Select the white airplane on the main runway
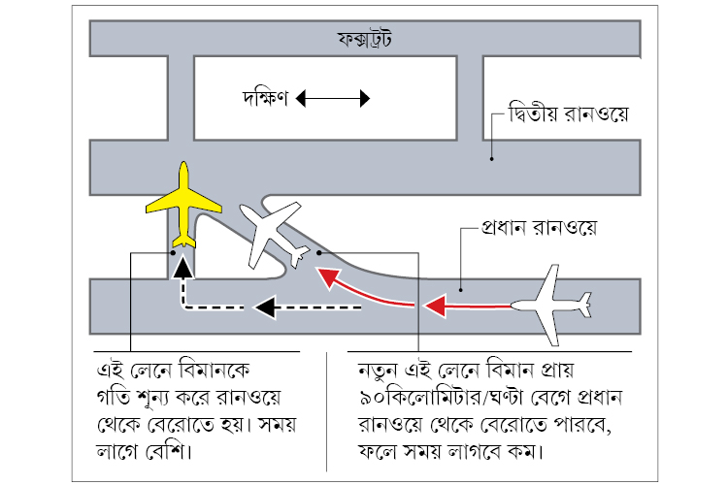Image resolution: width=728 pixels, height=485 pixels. pyautogui.click(x=547, y=304)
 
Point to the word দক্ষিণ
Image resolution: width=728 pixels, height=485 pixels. pyautogui.click(x=265, y=98)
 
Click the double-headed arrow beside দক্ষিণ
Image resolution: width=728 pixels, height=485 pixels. pyautogui.click(x=334, y=98)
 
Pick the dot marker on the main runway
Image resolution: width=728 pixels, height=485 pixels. pyautogui.click(x=460, y=287)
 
